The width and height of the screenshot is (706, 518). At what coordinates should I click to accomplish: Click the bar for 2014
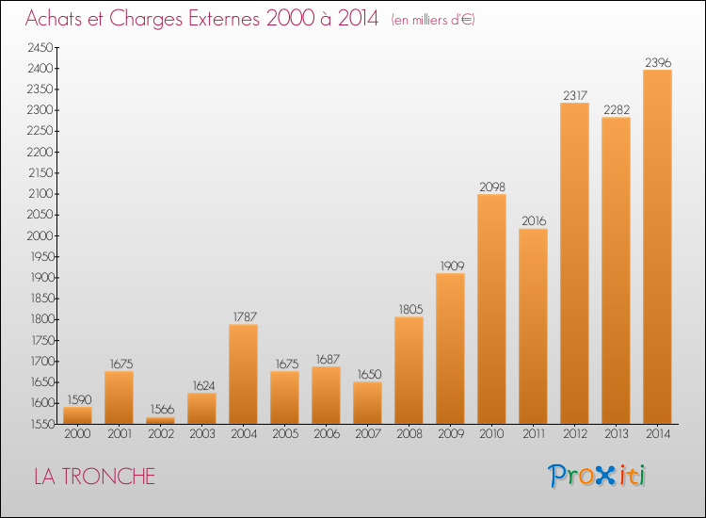click(x=657, y=247)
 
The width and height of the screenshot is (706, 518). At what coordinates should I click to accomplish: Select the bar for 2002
click(x=160, y=420)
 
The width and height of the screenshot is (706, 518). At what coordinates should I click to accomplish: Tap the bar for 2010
click(x=491, y=309)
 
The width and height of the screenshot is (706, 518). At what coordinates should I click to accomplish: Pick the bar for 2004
click(x=243, y=374)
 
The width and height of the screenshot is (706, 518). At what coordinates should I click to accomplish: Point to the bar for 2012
click(x=574, y=263)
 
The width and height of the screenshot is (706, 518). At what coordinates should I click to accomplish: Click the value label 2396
click(x=657, y=62)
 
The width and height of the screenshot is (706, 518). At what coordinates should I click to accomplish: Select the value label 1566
click(x=160, y=409)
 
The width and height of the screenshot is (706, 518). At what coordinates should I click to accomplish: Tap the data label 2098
click(x=491, y=186)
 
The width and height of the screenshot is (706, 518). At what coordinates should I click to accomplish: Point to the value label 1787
click(x=243, y=316)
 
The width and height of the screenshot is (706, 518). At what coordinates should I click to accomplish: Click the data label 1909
click(x=450, y=266)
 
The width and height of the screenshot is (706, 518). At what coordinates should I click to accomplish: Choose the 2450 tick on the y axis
click(x=40, y=47)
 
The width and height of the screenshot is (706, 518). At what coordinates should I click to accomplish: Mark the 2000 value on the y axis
click(x=40, y=235)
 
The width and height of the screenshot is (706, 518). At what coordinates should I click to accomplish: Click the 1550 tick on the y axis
click(x=40, y=424)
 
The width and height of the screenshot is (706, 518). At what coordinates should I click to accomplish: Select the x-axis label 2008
click(x=409, y=434)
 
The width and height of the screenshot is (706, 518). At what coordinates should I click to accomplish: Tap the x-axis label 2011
click(x=533, y=434)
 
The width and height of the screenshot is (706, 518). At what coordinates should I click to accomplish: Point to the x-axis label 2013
click(x=616, y=434)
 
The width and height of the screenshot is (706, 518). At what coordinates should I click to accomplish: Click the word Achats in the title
click(x=59, y=19)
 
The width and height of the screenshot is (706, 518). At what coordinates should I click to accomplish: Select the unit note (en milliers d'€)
click(x=433, y=20)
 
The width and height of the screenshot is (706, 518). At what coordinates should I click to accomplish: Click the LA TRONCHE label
click(x=94, y=477)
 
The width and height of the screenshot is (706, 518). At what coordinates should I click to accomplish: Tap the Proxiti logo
click(x=597, y=476)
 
